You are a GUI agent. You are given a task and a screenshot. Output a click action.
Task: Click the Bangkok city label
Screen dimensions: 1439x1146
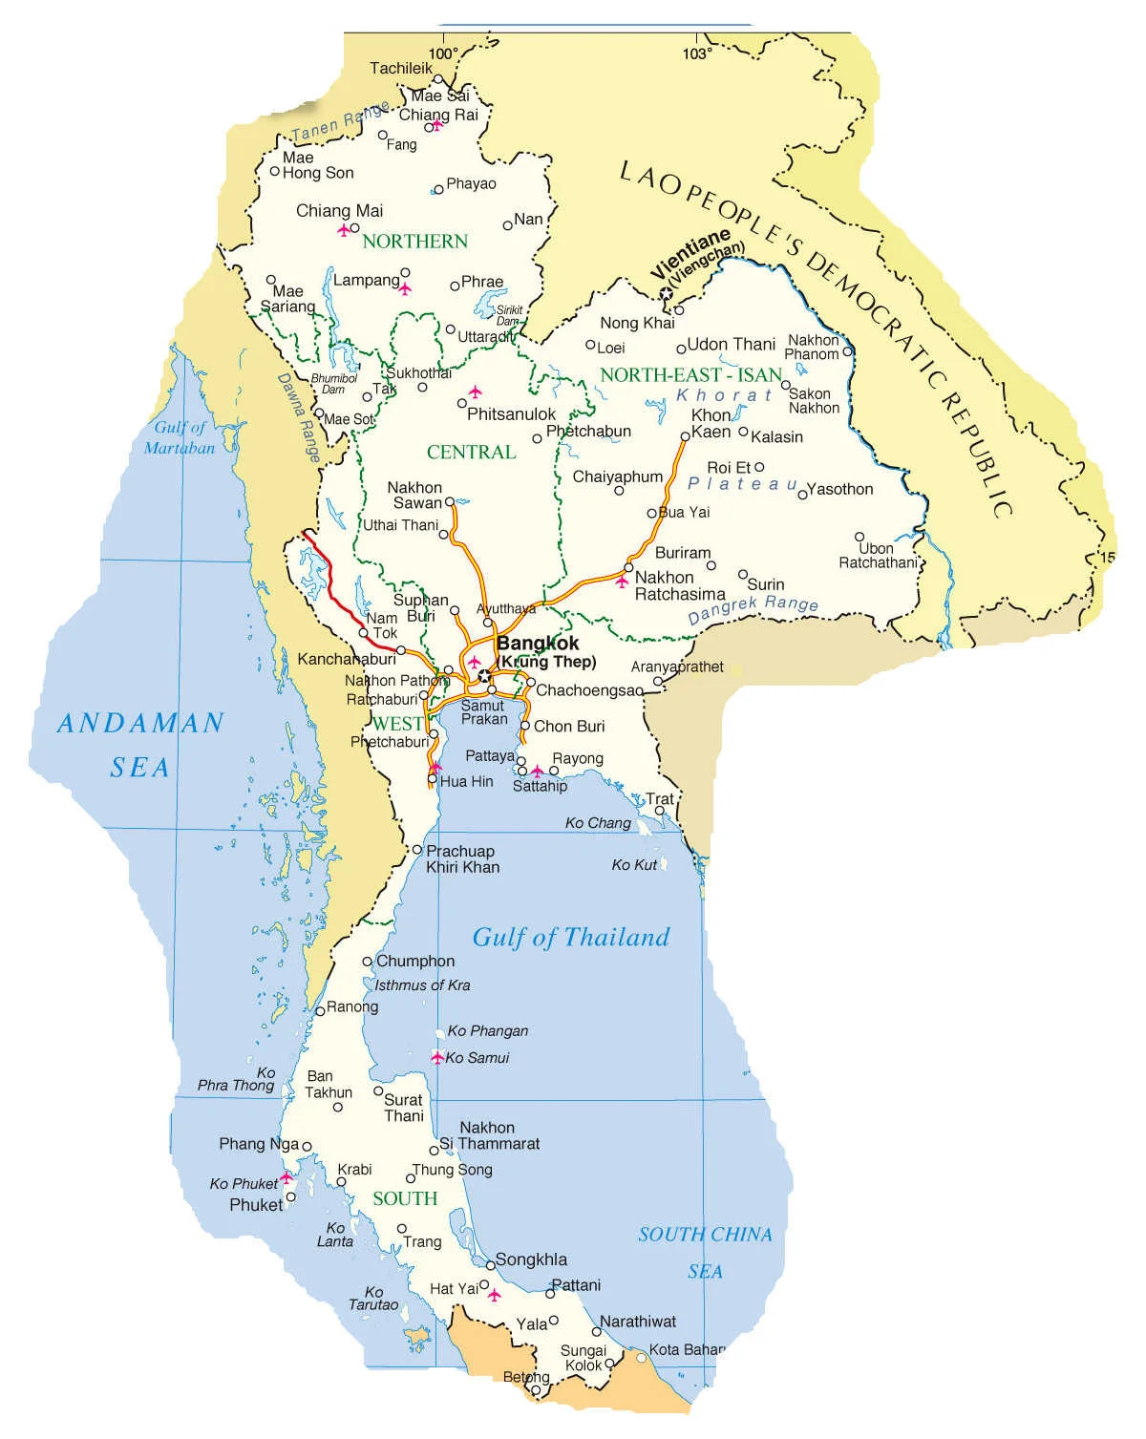tap(538, 644)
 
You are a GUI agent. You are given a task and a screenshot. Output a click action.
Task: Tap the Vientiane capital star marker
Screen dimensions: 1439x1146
tap(666, 294)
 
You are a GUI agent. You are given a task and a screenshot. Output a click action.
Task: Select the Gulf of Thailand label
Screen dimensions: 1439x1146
tap(571, 938)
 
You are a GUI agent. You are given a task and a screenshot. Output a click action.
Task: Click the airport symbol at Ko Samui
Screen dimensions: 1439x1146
tap(437, 1058)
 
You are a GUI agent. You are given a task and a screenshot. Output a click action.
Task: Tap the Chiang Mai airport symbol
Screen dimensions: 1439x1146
tap(344, 230)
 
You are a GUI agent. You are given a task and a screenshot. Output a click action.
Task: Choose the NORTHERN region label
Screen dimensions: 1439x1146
tap(415, 242)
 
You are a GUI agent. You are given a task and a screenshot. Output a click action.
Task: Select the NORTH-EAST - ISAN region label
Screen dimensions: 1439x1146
tap(690, 375)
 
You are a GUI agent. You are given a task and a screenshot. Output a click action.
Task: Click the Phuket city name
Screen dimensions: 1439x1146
tap(256, 1205)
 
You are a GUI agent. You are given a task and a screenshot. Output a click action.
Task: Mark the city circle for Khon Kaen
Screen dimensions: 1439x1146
tap(685, 437)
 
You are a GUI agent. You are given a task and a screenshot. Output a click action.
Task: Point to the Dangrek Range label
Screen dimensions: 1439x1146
tap(753, 608)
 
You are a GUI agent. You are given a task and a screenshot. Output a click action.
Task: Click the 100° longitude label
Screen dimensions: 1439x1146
tap(442, 54)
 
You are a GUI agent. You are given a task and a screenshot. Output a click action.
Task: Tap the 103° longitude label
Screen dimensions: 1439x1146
tap(696, 54)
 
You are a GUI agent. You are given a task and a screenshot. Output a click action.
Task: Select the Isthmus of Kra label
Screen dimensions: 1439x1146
tap(422, 985)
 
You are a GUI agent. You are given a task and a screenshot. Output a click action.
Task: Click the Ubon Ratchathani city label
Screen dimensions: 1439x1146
tap(878, 556)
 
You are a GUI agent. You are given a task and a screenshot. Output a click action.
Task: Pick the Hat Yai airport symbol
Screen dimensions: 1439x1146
tap(494, 1295)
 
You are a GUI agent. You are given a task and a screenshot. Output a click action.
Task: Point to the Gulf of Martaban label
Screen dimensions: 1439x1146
tap(180, 437)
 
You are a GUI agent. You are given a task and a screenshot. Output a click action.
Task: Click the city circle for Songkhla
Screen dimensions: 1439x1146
tap(491, 1266)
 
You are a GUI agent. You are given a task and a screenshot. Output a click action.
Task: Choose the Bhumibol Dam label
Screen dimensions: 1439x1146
tap(333, 384)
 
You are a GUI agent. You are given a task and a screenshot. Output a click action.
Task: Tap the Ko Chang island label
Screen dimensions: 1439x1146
tap(598, 823)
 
